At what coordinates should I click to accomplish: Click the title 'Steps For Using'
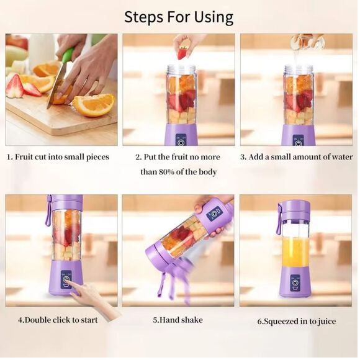(x=179, y=17)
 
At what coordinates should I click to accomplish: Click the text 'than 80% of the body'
(x=178, y=172)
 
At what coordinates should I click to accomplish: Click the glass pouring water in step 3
(x=308, y=42)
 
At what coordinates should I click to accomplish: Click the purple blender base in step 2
(x=181, y=135)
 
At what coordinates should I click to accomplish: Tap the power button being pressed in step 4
(x=66, y=283)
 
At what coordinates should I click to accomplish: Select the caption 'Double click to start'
(x=57, y=320)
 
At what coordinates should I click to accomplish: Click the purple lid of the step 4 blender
(x=66, y=202)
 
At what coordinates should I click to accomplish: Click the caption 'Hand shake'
(x=178, y=320)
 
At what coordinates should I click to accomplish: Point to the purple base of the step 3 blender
(x=299, y=135)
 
